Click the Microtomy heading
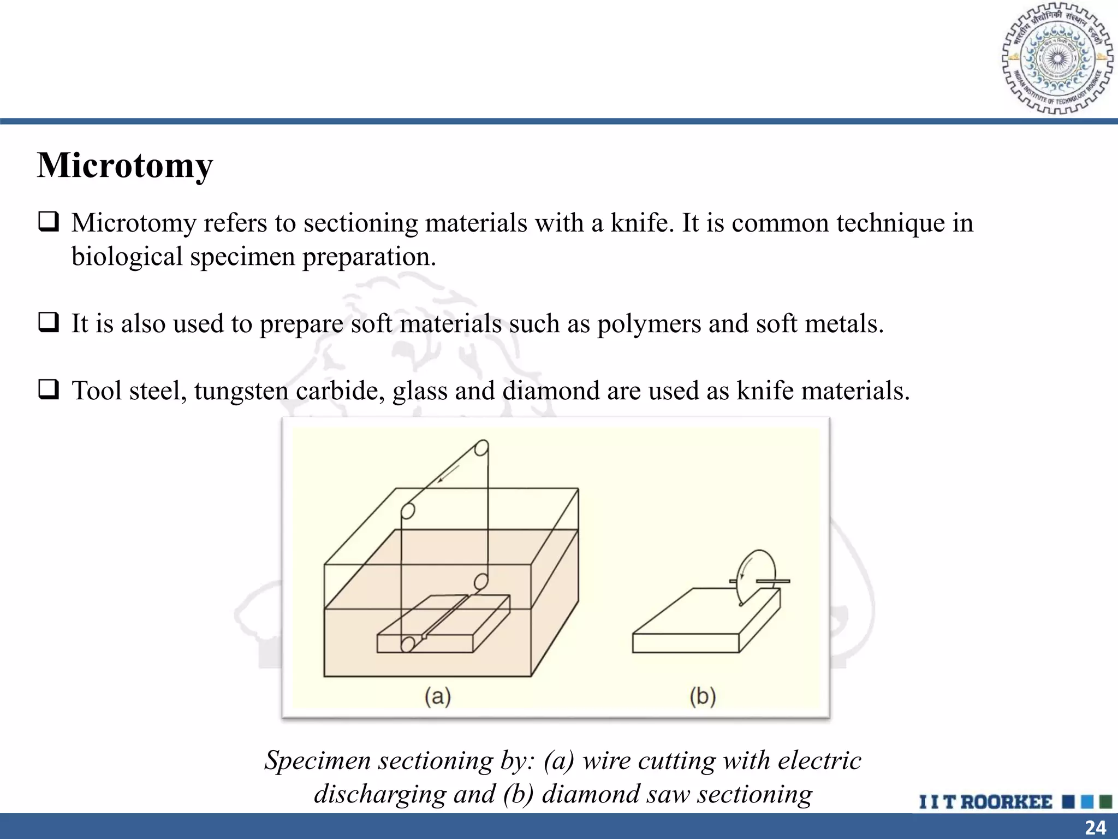tap(125, 166)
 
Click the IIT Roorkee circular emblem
tap(1057, 58)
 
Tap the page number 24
tap(1095, 828)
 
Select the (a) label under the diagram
tap(438, 696)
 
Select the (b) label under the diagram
tap(703, 696)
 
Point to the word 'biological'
tap(127, 257)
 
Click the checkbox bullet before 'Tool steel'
tap(49, 390)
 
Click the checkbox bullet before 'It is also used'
tap(49, 322)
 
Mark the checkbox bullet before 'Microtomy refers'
tap(49, 222)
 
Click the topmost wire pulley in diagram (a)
tap(481, 448)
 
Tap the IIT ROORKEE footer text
tap(985, 802)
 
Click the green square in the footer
tap(1105, 802)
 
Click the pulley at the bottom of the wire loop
tap(407, 644)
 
